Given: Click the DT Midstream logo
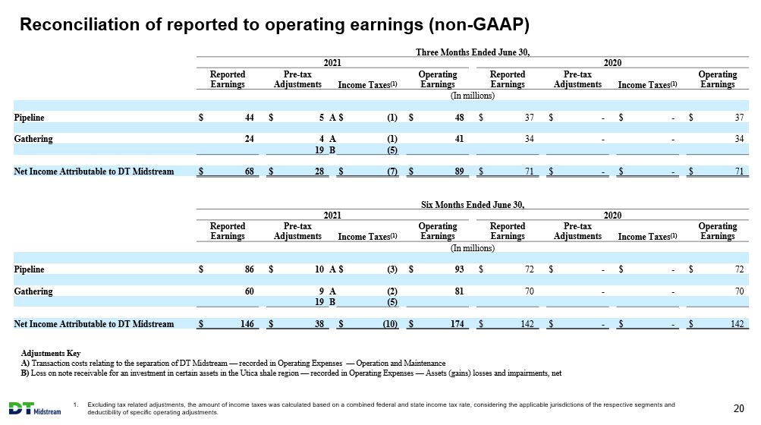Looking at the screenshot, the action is [x=35, y=408].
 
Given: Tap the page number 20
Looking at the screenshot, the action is [x=739, y=408].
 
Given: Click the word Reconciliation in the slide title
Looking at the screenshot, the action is [x=79, y=24].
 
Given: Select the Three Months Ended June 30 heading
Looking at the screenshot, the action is [x=472, y=52].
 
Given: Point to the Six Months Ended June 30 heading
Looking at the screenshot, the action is [x=472, y=204].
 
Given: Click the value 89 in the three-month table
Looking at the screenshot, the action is [x=458, y=171].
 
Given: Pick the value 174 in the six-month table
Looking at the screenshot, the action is [x=458, y=323].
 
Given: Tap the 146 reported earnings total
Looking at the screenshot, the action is [x=247, y=323].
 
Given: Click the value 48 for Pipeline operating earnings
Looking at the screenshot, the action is [x=458, y=117].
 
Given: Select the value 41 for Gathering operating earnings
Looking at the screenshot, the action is [x=458, y=138].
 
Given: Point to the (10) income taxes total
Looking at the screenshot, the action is [x=390, y=323].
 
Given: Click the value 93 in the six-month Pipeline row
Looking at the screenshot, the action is [x=458, y=269].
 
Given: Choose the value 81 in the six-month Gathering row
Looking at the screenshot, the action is [x=458, y=291].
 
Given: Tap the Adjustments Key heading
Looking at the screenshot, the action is [x=51, y=353].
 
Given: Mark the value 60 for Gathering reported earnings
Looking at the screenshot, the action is [x=249, y=291].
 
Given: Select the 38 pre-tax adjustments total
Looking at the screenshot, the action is [x=319, y=323].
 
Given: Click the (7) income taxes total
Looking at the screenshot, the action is [x=392, y=171].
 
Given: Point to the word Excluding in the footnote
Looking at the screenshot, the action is [x=101, y=405].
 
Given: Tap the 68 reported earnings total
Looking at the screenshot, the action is [x=249, y=171].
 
